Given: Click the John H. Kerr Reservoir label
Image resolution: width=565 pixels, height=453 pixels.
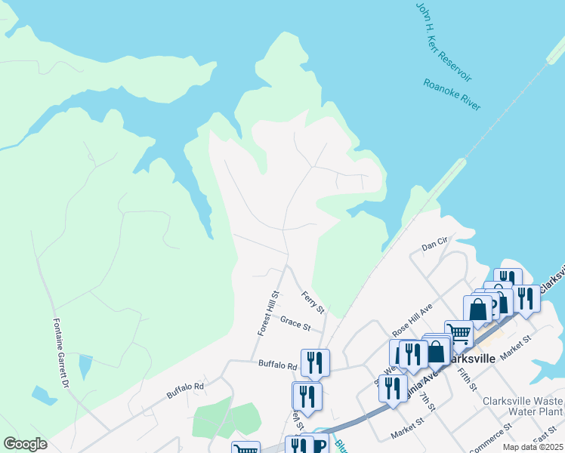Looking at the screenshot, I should point(443,42).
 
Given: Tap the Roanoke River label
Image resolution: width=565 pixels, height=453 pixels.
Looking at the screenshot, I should point(452,95).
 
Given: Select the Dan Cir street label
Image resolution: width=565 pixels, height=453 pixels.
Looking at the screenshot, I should point(435,246).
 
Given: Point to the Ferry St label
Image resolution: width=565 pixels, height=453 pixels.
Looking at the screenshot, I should point(312,302).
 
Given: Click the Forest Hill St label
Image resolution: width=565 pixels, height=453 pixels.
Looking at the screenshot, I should point(268,313).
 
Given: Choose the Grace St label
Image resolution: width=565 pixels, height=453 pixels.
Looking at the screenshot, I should point(295,325).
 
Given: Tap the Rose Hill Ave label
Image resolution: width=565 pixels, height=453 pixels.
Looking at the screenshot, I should point(412,321).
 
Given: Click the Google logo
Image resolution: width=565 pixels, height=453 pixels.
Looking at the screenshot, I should point(25,444).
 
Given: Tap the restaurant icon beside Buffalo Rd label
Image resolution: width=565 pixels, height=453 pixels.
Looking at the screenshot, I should point(315,362).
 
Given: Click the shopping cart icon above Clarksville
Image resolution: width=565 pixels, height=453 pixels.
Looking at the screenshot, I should point(458,333).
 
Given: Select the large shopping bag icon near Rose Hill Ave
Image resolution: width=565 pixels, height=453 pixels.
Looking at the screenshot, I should point(477,310).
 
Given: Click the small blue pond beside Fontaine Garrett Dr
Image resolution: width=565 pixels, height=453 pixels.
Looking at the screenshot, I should point(85,366).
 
